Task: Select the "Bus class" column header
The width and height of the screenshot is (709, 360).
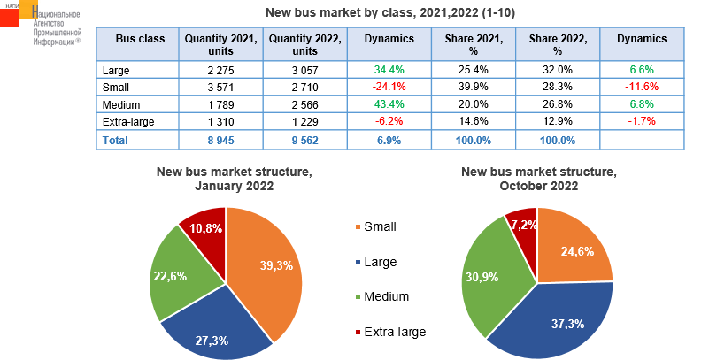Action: (140, 39)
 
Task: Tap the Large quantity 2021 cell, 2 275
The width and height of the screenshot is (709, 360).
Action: (220, 69)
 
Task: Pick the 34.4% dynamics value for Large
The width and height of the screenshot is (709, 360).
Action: (389, 69)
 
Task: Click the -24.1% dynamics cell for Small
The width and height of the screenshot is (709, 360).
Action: (389, 87)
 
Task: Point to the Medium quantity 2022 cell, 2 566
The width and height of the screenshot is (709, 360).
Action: (305, 104)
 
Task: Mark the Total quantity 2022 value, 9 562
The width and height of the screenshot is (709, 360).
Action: (305, 140)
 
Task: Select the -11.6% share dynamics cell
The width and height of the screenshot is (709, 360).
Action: (642, 87)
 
